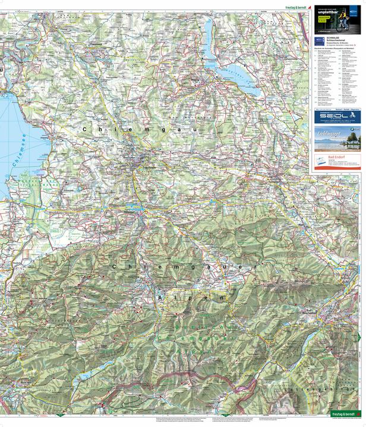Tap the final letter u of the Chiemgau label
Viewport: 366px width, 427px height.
coord(193,128)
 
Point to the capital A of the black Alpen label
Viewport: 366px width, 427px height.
coord(159,298)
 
